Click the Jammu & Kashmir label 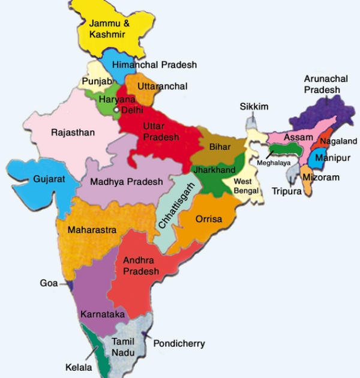[x=107, y=29]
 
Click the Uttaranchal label [x=162, y=86]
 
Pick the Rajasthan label [x=73, y=133]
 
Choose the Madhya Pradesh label [x=127, y=182]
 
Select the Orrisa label [x=209, y=219]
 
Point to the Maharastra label [x=92, y=230]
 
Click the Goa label [x=49, y=283]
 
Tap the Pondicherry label [x=179, y=344]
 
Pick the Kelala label [x=79, y=367]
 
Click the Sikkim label [x=254, y=106]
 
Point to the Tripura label [x=286, y=191]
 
